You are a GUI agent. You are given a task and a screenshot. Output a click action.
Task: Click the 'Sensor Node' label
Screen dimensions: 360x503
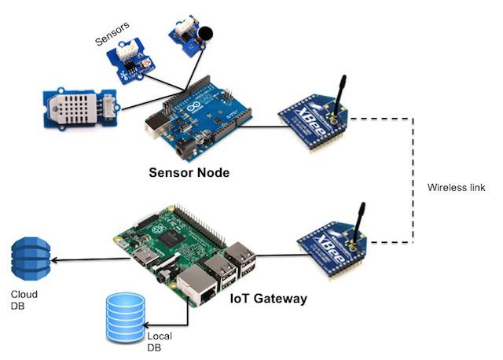[x=189, y=172]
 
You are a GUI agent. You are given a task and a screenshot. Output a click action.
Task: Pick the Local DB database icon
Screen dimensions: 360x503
[x=125, y=318]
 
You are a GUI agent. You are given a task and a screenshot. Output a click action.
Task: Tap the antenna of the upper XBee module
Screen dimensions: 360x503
[x=340, y=94]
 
